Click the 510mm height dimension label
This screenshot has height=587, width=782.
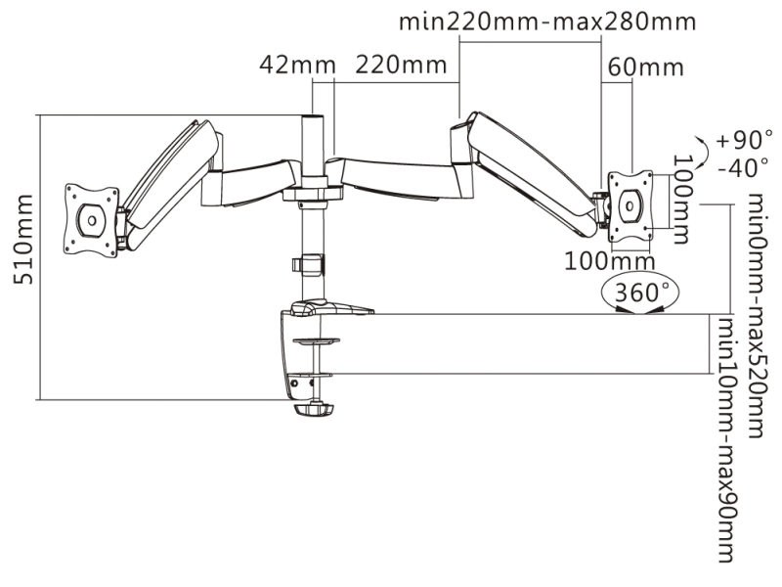tap(23, 240)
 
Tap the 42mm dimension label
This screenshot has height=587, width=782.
tap(297, 65)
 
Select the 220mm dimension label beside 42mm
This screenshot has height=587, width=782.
tap(401, 65)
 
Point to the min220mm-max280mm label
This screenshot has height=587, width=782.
tap(547, 22)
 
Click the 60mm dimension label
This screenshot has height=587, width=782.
tap(646, 68)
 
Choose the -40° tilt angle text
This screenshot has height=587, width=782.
tap(743, 167)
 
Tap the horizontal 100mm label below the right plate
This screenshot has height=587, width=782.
tap(609, 261)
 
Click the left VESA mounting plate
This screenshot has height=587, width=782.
tap(92, 220)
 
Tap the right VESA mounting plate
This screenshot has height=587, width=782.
tap(630, 205)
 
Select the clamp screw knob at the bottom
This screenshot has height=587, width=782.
tap(313, 410)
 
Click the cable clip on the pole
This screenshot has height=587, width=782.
tap(308, 264)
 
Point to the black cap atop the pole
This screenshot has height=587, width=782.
tap(312, 117)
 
